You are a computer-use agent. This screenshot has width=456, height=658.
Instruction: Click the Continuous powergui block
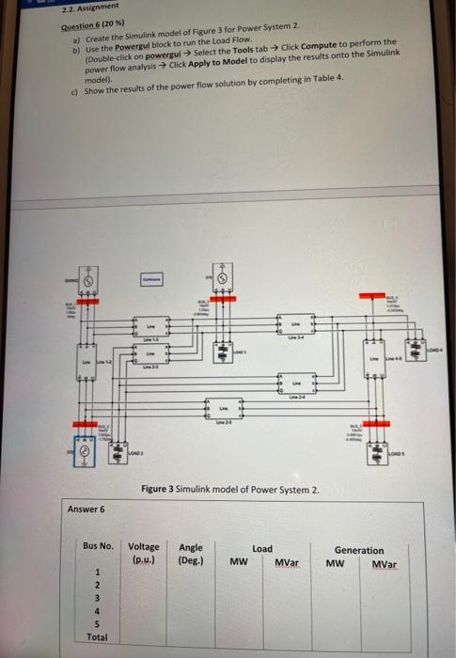pos(151,280)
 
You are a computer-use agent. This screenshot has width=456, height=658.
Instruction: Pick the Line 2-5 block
pos(225,412)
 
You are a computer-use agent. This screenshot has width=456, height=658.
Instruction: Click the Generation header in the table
pos(358,550)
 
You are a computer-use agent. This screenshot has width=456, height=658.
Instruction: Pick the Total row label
pos(97,636)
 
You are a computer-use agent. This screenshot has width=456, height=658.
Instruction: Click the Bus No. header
pos(98,546)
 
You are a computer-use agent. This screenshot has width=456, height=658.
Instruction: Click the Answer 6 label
pos(86,509)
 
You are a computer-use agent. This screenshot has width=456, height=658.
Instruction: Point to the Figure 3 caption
pos(230,490)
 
